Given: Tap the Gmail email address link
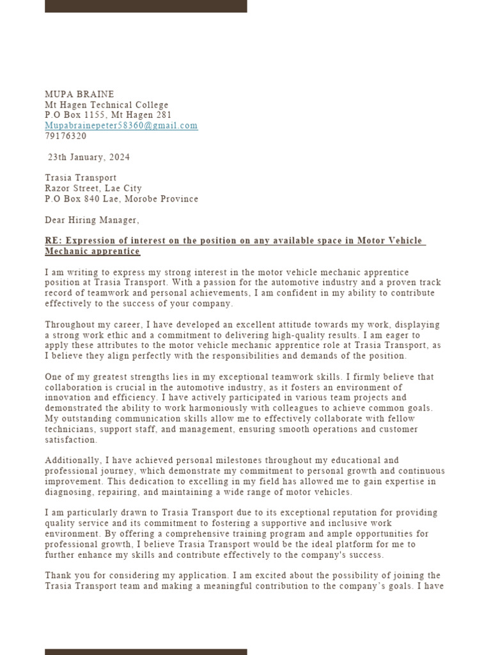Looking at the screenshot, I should click(121, 125).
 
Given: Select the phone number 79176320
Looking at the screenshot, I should click(65, 136).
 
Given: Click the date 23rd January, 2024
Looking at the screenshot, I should click(90, 157).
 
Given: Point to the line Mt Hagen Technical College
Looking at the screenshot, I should click(106, 105).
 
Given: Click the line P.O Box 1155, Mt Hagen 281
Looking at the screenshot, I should click(108, 115).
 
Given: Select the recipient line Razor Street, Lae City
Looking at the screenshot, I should click(93, 189).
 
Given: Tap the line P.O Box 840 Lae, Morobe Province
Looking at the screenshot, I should click(121, 199).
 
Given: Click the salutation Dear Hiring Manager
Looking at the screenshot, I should click(91, 220).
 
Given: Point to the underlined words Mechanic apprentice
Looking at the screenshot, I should click(92, 251).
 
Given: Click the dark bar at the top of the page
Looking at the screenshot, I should click(146, 6).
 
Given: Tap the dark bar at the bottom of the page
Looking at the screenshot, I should click(146, 652).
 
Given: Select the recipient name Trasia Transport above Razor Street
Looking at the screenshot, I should click(81, 178).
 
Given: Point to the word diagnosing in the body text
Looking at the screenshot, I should click(68, 491).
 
